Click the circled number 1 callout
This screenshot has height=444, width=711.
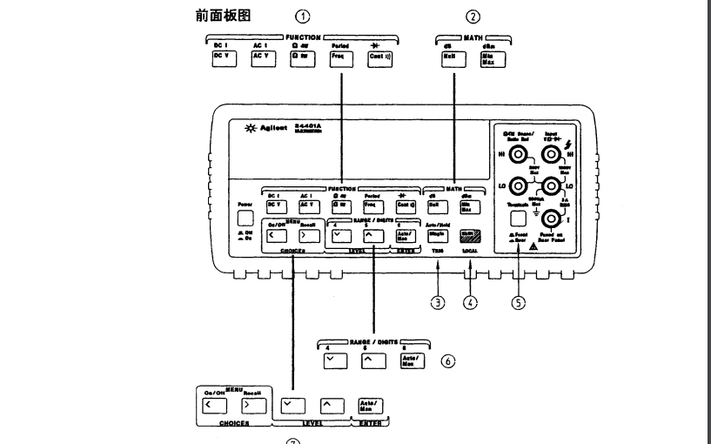pyautogui.click(x=302, y=16)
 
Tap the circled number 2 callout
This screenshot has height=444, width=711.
pyautogui.click(x=473, y=16)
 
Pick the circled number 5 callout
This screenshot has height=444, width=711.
pyautogui.click(x=519, y=303)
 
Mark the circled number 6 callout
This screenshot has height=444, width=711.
pyautogui.click(x=447, y=360)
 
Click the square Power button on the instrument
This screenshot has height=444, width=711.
pyautogui.click(x=245, y=219)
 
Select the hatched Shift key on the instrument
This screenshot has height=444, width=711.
pyautogui.click(x=471, y=234)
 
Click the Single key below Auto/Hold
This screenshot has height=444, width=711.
pyautogui.click(x=437, y=234)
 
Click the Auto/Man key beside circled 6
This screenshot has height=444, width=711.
pyautogui.click(x=408, y=361)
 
